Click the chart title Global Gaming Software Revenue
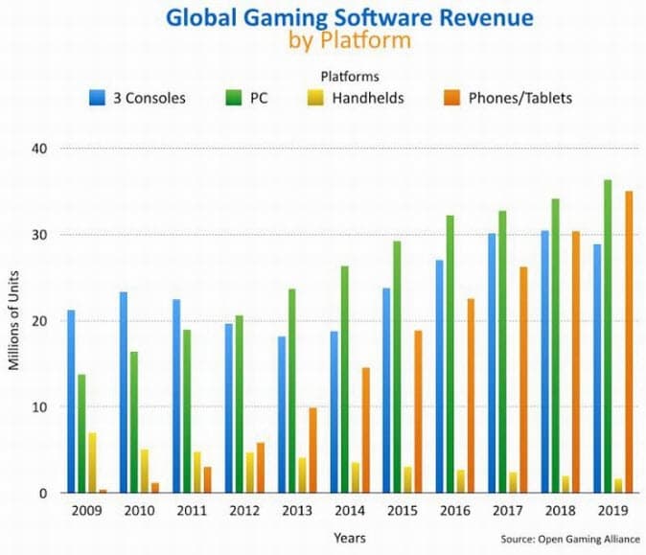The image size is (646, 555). [x=323, y=17]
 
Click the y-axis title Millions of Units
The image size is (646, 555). [x=14, y=321]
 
